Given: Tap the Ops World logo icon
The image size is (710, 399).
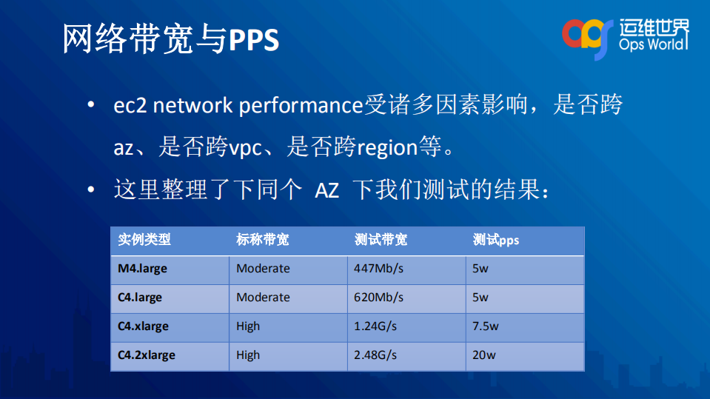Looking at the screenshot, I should click(588, 33).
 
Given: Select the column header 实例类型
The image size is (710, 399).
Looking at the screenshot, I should click(144, 240).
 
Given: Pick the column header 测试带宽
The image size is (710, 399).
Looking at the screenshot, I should click(381, 240).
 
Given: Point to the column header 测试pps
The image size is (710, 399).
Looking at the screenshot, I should click(496, 240).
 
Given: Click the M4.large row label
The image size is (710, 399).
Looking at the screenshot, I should click(142, 269).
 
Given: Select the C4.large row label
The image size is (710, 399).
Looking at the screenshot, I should click(139, 298).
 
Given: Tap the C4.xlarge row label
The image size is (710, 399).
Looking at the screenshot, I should click(143, 326).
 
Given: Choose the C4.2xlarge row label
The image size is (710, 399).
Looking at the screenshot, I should click(147, 355).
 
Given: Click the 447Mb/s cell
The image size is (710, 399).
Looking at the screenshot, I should click(378, 269).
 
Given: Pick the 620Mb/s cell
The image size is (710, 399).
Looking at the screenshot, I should click(378, 298).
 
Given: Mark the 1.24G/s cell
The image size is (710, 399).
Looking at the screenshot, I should click(375, 326).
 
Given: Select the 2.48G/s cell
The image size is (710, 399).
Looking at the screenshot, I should click(375, 355).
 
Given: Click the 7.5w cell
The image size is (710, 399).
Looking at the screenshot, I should click(485, 326).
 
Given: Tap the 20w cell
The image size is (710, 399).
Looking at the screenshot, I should click(483, 355).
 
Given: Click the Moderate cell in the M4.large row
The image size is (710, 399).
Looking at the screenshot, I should click(263, 269).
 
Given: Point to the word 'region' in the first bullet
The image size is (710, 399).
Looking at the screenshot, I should click(388, 148).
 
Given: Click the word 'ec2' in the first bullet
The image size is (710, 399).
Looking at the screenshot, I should click(130, 106).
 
